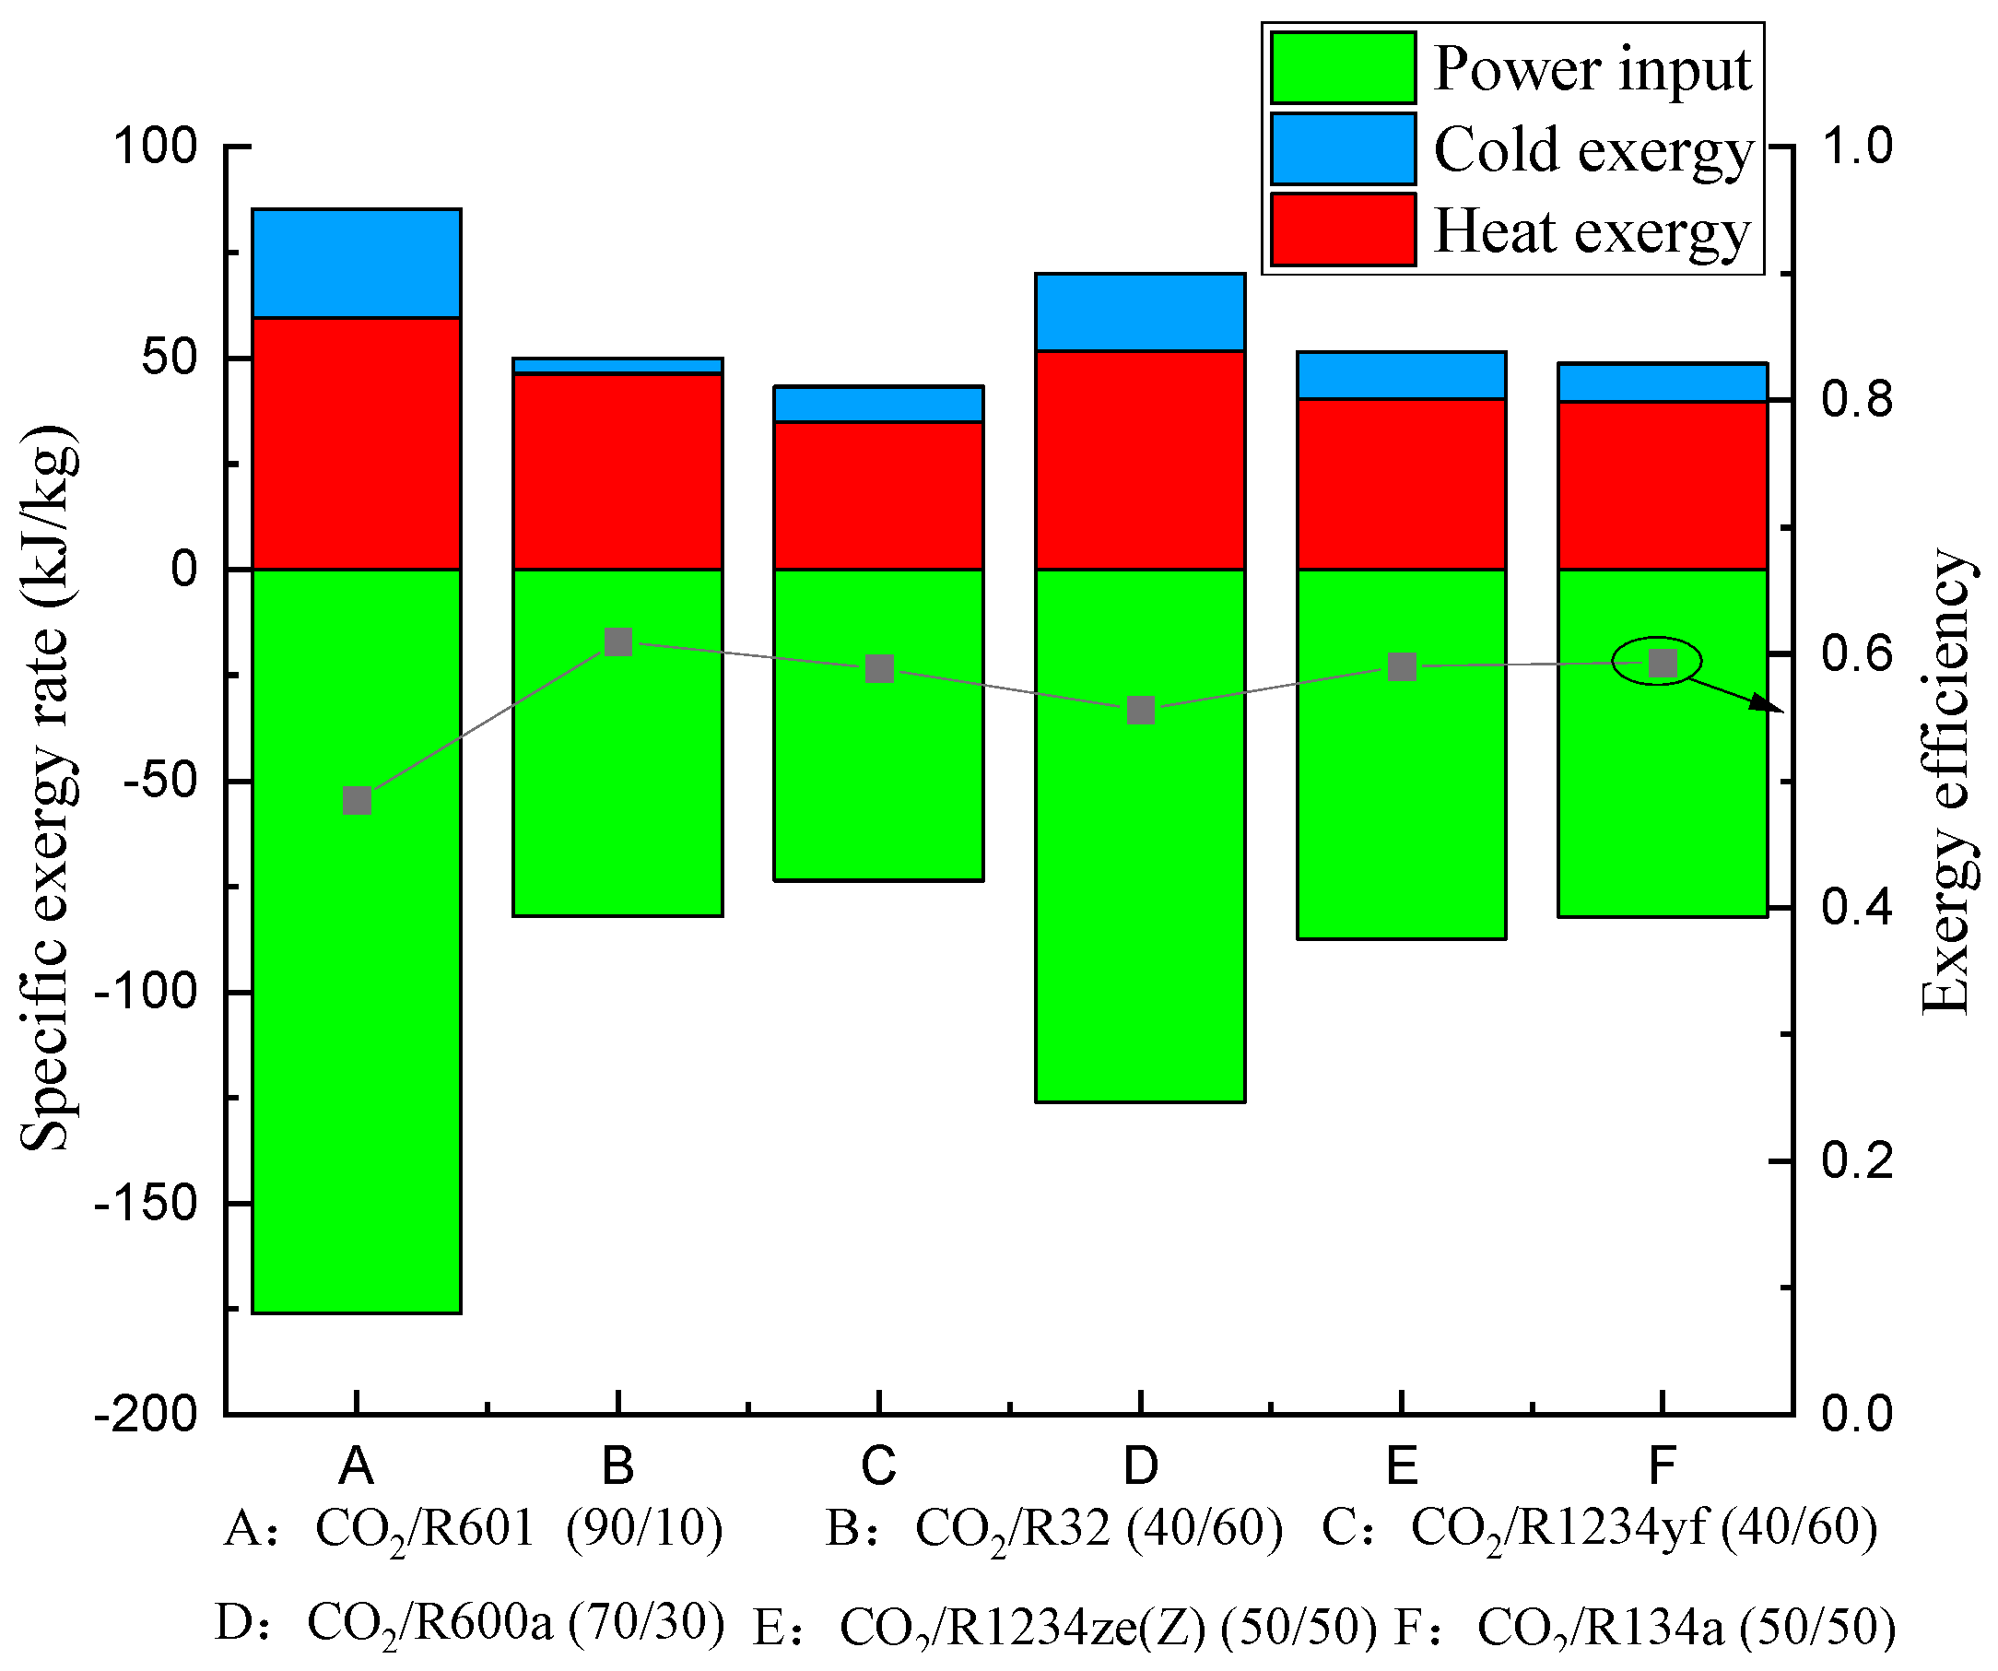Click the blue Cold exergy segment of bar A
(x=356, y=264)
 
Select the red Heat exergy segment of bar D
(x=1140, y=461)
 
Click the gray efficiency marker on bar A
(x=357, y=800)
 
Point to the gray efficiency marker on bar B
(x=618, y=641)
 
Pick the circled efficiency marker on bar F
(x=1663, y=663)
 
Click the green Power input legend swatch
(x=1343, y=67)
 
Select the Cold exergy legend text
(x=1593, y=150)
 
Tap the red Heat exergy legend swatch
(x=1343, y=229)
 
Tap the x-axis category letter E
(x=1402, y=1465)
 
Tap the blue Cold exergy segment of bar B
(x=617, y=365)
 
